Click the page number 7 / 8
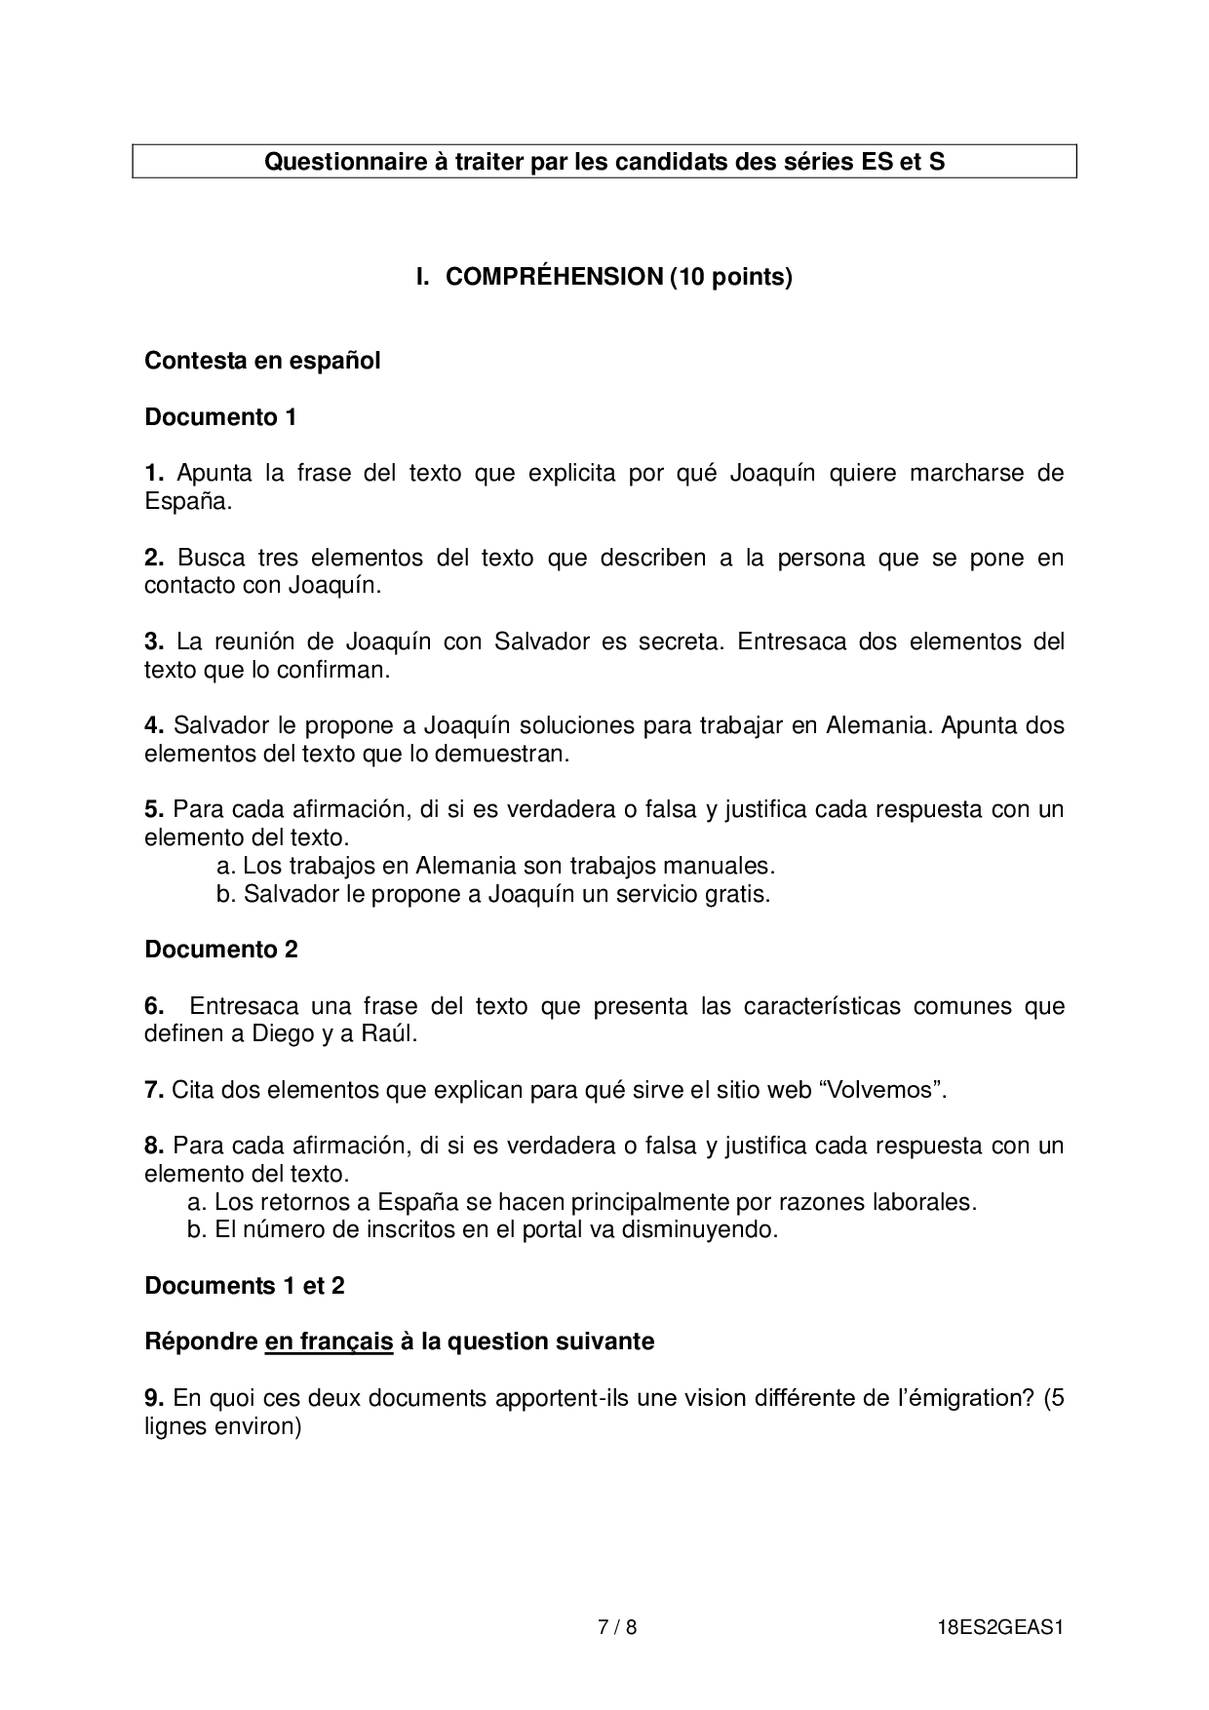tap(617, 1626)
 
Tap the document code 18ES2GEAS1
tap(997, 1626)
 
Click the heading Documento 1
tap(220, 417)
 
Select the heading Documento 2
tap(221, 950)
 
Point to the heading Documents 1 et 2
tap(245, 1286)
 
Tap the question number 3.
tap(153, 641)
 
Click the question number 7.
tap(153, 1090)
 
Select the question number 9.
tap(153, 1398)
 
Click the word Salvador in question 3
tap(541, 641)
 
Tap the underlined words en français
tap(329, 1341)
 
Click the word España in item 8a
tap(411, 1202)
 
